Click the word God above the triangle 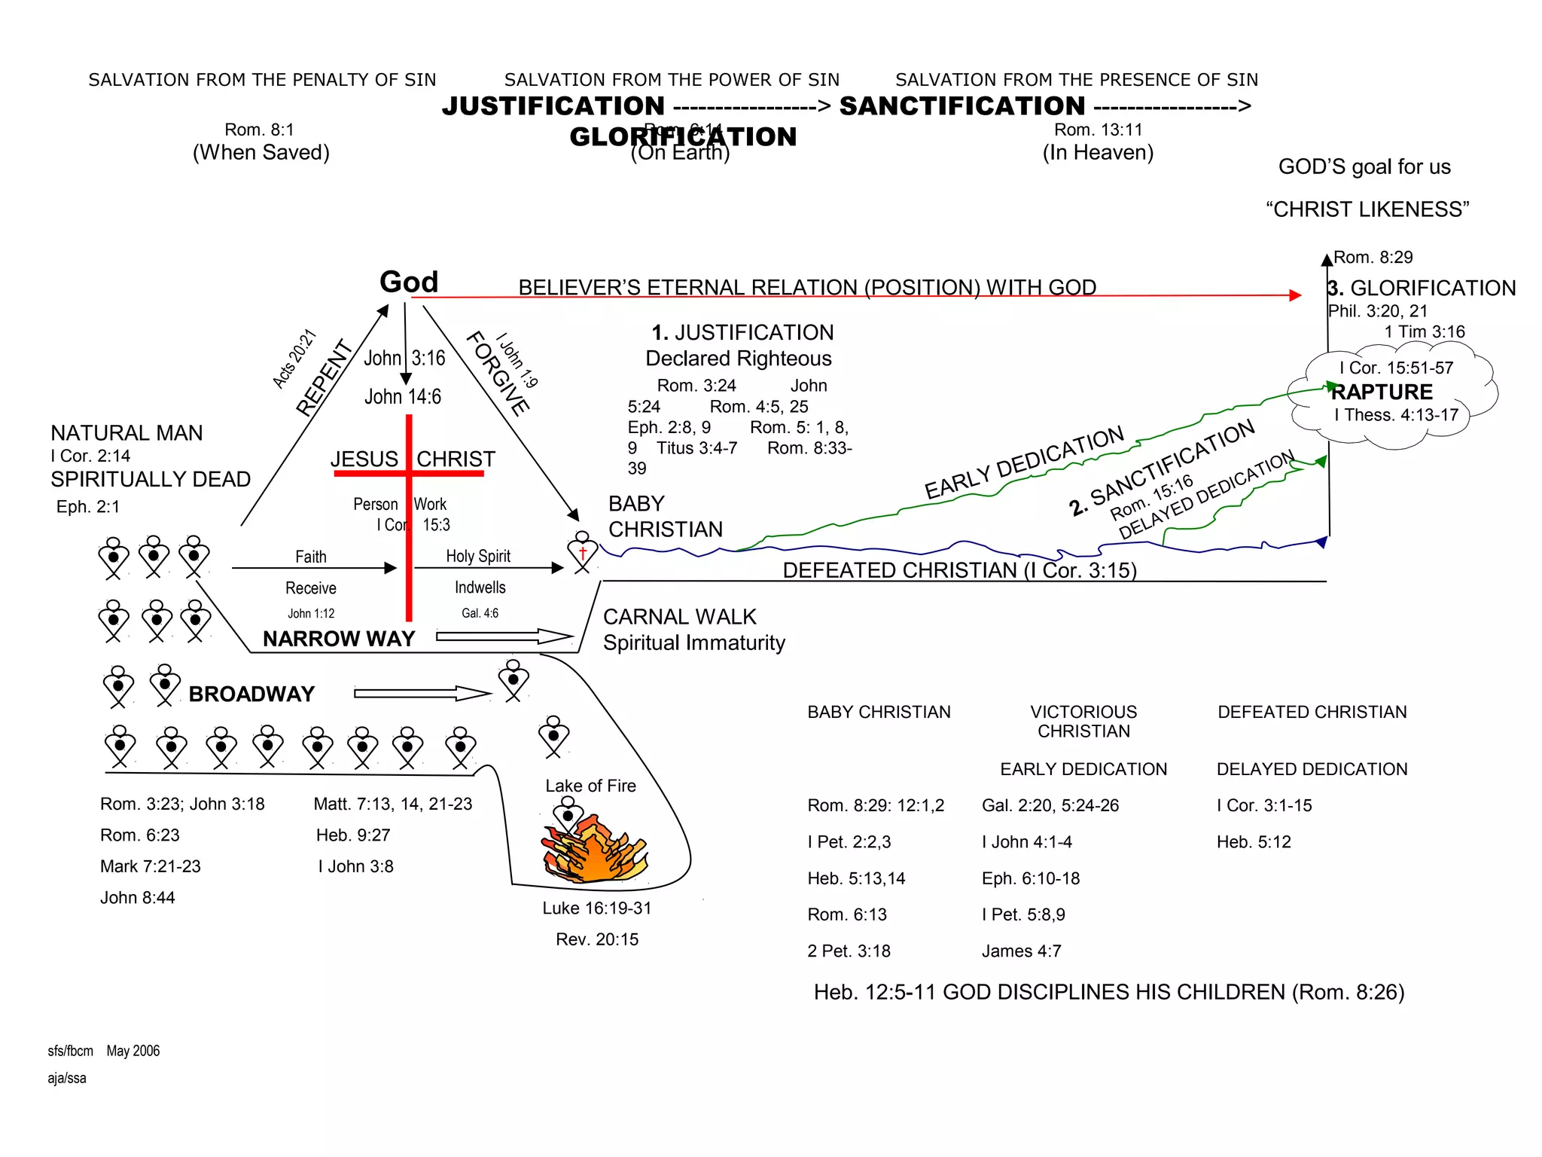(x=408, y=282)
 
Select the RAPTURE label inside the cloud (x=1382, y=392)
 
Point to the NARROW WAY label (x=339, y=639)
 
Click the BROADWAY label (x=251, y=694)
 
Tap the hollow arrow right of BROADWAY (x=422, y=693)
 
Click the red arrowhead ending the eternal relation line (x=1295, y=295)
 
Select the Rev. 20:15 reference (x=596, y=939)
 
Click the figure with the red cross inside (x=582, y=553)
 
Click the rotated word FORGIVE (x=498, y=374)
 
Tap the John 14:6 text (x=403, y=397)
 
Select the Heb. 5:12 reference (x=1254, y=842)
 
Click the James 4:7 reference (x=1021, y=951)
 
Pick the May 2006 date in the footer (x=133, y=1051)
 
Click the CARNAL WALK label (x=679, y=617)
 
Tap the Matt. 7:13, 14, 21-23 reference (x=392, y=804)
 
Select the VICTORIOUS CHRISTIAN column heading (x=1083, y=722)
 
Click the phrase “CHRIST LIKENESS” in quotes (x=1367, y=209)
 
